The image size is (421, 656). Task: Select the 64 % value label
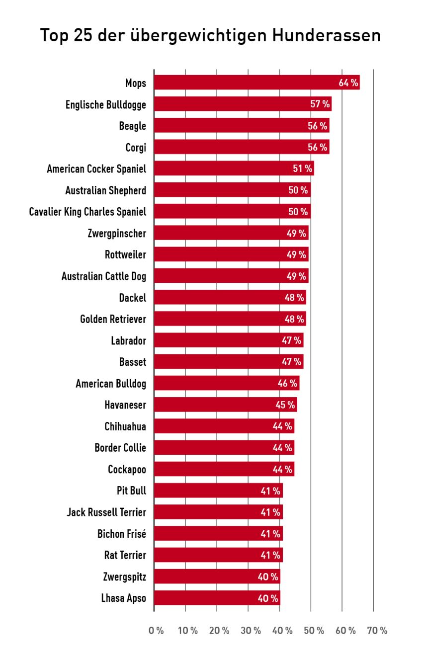pos(348,83)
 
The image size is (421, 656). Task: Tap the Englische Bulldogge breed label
pos(106,105)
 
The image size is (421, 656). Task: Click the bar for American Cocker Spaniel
pos(224,169)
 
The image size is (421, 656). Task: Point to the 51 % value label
pos(302,169)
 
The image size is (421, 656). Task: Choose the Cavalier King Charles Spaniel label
pos(87,212)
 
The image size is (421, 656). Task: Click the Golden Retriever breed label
pos(113,319)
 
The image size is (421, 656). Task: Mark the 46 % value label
pos(287,384)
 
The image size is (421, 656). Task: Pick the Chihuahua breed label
pos(125,426)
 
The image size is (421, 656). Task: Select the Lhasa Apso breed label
pos(123,598)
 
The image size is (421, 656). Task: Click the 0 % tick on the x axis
pos(156,631)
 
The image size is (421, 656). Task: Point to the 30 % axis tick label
pos(251,631)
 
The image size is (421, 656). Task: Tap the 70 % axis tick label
pos(377,631)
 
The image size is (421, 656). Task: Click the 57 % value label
pos(320,105)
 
